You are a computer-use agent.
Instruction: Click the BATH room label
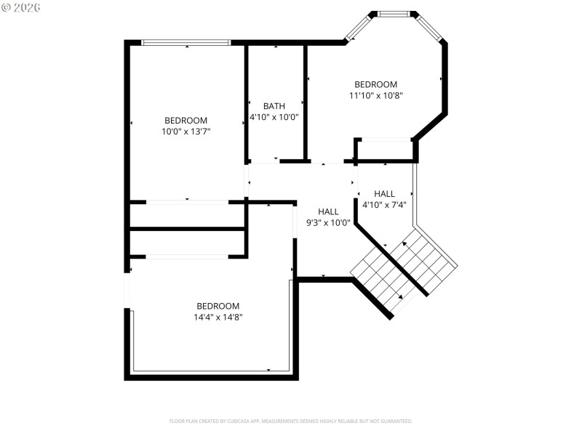click(x=274, y=106)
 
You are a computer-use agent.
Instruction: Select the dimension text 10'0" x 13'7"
click(x=186, y=132)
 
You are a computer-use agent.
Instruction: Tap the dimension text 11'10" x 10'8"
click(x=375, y=95)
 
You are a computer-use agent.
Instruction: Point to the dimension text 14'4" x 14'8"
click(x=218, y=317)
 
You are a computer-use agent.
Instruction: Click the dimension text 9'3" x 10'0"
click(x=328, y=222)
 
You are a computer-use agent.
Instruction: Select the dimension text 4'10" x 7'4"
click(x=384, y=204)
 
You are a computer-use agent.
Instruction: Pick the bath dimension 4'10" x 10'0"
click(x=274, y=117)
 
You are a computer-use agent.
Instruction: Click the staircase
click(x=404, y=269)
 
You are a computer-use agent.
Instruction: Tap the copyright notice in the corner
click(x=22, y=7)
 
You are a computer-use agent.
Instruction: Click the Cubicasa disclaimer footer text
click(x=290, y=421)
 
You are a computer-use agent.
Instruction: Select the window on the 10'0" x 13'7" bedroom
click(x=186, y=42)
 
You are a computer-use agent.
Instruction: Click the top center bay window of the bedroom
click(x=394, y=13)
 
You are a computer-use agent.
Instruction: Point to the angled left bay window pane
click(x=357, y=28)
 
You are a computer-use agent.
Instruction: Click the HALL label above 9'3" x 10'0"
click(x=328, y=211)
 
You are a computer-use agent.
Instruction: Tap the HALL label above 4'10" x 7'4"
click(x=384, y=193)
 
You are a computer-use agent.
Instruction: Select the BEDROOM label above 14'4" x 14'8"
click(x=218, y=306)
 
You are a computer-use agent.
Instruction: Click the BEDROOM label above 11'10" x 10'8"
click(x=375, y=84)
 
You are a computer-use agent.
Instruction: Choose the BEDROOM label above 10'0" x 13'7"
click(x=186, y=121)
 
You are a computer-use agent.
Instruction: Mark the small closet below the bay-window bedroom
click(x=384, y=150)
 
